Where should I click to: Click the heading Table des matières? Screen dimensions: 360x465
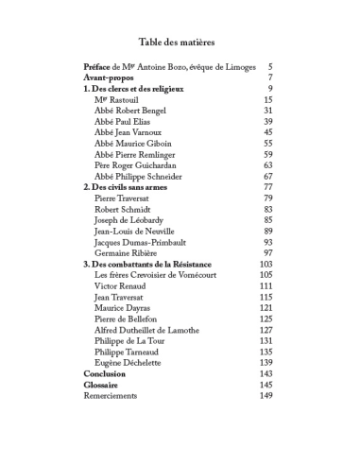pyautogui.click(x=177, y=42)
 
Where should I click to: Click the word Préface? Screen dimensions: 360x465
pyautogui.click(x=98, y=67)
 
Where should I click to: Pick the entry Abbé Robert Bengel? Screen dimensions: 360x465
pyautogui.click(x=131, y=111)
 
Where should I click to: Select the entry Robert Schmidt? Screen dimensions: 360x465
pyautogui.click(x=124, y=210)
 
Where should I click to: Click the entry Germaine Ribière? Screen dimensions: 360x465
pyautogui.click(x=128, y=253)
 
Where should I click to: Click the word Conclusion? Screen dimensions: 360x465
pyautogui.click(x=104, y=374)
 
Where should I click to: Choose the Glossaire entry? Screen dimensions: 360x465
pyautogui.click(x=102, y=385)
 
